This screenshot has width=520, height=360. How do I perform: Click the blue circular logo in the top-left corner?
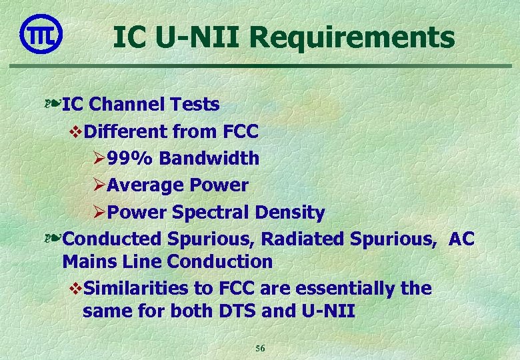[x=41, y=33]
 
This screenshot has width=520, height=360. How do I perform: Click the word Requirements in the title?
[x=353, y=37]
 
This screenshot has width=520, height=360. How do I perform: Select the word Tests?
[x=194, y=105]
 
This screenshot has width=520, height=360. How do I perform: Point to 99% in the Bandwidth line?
[x=130, y=159]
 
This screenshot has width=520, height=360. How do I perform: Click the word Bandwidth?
[x=209, y=159]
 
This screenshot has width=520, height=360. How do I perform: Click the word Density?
[x=291, y=213]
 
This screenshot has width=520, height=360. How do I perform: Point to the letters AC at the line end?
[x=462, y=239]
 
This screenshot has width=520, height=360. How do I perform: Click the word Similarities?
[x=137, y=289]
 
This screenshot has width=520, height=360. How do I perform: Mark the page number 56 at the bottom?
[x=261, y=349]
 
